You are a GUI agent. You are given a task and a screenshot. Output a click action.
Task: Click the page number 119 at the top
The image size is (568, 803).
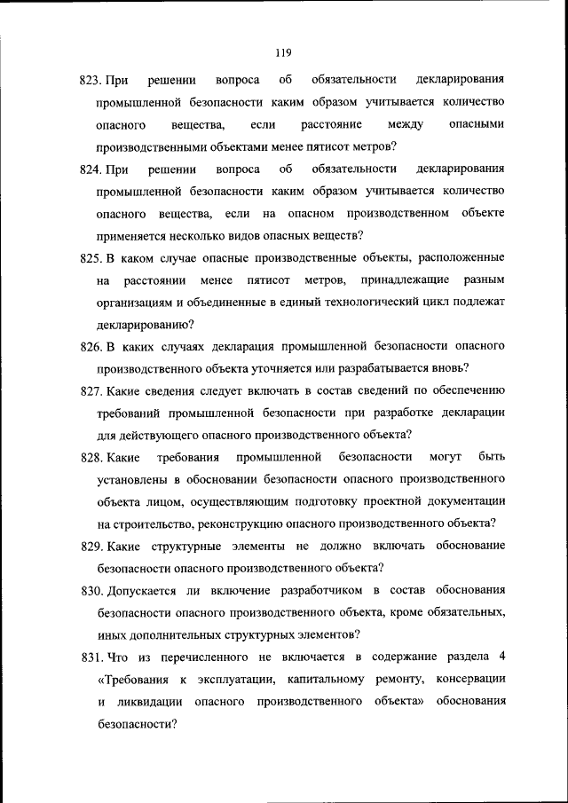283,51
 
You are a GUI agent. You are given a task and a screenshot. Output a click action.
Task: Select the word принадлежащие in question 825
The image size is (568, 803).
400,280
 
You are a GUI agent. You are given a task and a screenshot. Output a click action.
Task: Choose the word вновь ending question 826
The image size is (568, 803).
451,368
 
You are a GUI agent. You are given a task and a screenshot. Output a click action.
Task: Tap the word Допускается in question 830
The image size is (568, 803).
141,590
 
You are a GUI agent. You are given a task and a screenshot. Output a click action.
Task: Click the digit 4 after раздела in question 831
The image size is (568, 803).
502,657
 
